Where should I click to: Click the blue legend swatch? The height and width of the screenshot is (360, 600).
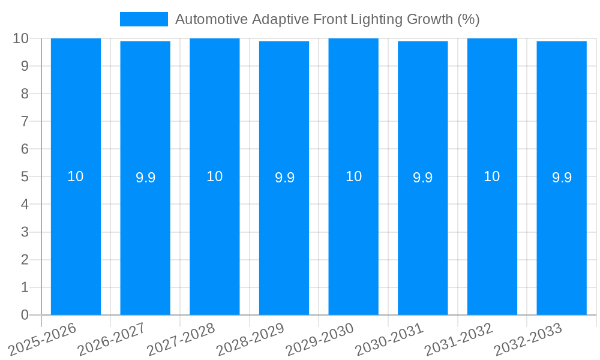tap(144, 19)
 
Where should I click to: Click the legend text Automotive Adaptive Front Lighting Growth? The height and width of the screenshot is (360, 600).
tap(327, 19)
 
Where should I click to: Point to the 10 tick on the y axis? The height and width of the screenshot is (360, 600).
tap(20, 38)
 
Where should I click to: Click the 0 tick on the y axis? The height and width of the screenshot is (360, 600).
tap(25, 315)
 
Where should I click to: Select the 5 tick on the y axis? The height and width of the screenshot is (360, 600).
tap(25, 177)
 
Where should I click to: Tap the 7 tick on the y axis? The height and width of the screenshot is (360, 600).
tap(25, 122)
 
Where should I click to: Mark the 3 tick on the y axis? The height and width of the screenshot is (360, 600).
tap(25, 232)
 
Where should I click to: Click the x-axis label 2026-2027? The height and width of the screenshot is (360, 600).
tap(111, 339)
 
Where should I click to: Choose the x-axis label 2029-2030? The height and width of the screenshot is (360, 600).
tap(319, 339)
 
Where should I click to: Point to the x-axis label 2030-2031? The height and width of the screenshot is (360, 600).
tap(389, 339)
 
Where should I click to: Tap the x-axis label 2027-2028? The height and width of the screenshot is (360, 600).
tap(181, 339)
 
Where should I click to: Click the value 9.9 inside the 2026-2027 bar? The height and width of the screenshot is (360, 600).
tap(145, 178)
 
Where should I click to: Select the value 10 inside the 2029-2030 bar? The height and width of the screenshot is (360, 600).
tap(353, 176)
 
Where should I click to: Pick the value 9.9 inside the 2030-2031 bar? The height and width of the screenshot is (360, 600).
tap(422, 178)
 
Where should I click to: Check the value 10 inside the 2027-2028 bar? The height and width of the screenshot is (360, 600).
tap(214, 176)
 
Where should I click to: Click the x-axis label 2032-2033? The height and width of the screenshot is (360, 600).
tap(527, 339)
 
